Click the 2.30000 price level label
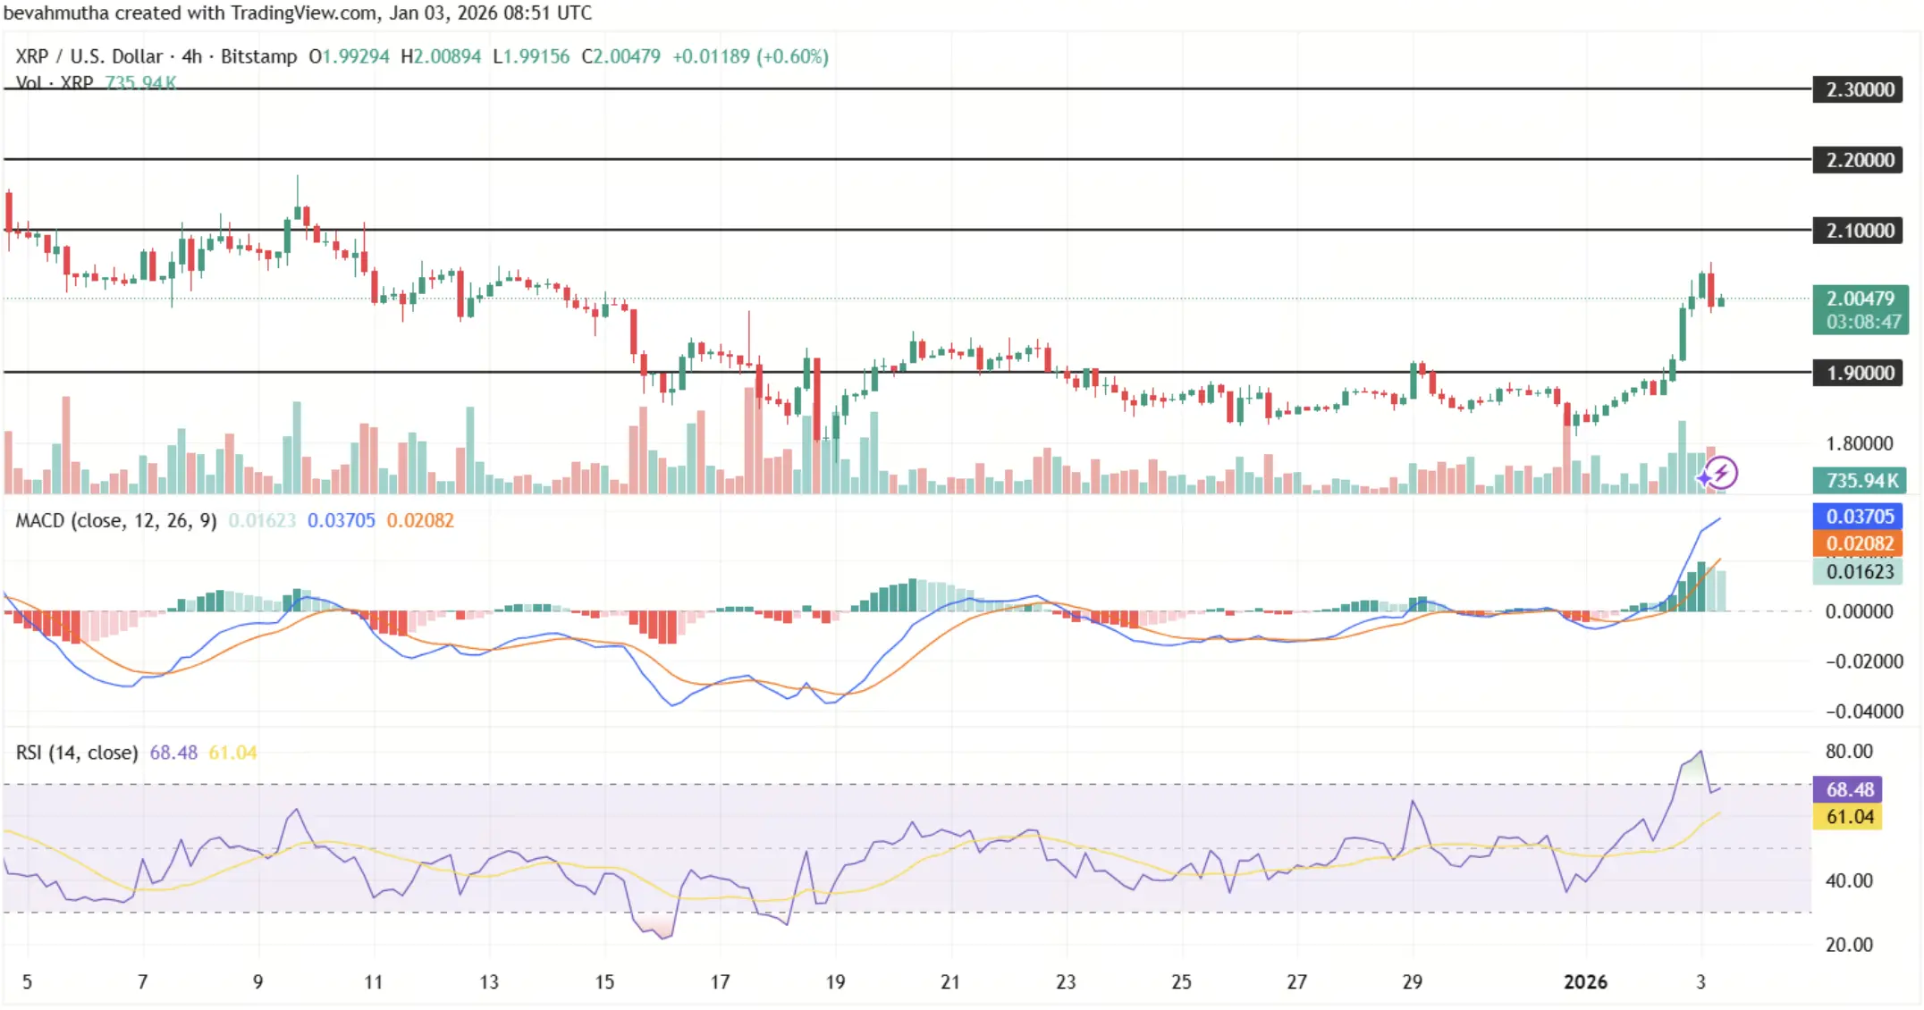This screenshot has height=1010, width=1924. click(x=1859, y=89)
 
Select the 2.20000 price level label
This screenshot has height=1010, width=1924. click(x=1859, y=160)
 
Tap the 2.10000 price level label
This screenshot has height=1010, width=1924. click(x=1859, y=231)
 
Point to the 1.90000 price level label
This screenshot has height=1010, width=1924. click(x=1859, y=373)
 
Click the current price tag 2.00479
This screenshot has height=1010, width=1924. click(x=1860, y=299)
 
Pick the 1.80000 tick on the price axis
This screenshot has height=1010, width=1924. click(x=1859, y=443)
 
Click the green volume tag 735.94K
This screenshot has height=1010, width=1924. click(x=1860, y=481)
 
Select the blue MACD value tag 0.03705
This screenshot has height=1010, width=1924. click(x=1859, y=517)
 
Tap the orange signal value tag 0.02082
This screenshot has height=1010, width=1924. click(x=1859, y=543)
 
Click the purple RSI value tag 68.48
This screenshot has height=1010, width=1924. click(x=1849, y=789)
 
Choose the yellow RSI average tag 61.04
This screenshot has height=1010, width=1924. click(x=1849, y=817)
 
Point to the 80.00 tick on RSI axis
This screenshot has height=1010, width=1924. click(x=1849, y=752)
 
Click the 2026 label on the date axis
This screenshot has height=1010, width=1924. click(x=1585, y=982)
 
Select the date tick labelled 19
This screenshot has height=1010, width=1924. click(x=835, y=982)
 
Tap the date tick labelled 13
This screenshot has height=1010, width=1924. click(x=489, y=982)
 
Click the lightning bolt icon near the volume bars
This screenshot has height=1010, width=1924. click(x=1720, y=473)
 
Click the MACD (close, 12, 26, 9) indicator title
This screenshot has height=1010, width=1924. click(x=116, y=520)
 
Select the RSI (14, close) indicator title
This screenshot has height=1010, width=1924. click(x=77, y=753)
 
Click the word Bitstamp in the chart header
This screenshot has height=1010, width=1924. click(x=258, y=56)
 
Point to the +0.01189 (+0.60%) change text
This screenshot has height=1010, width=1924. click(x=750, y=56)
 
